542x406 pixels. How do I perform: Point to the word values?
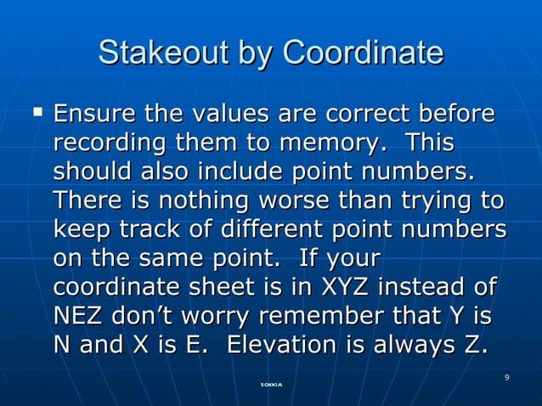[x=225, y=113]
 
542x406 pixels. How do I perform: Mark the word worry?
[x=213, y=319]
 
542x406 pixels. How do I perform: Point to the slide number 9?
[x=506, y=377]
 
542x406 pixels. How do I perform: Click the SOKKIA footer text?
[x=271, y=386]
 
